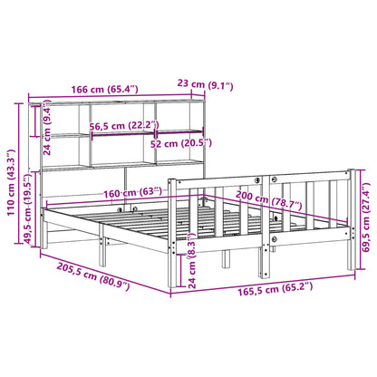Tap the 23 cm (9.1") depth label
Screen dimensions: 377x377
tap(207, 86)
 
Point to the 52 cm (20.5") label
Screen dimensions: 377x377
tap(181, 143)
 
